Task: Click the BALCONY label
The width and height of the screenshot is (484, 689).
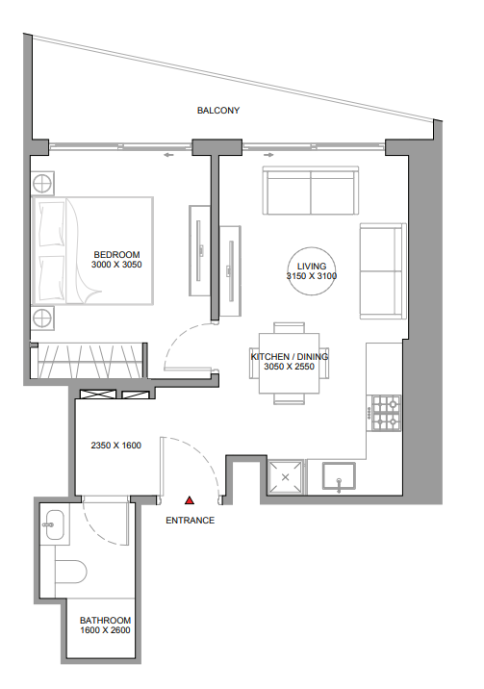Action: (x=218, y=111)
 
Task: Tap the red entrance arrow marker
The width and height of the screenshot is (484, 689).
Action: (x=191, y=501)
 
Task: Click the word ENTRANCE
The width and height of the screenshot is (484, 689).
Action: (x=191, y=521)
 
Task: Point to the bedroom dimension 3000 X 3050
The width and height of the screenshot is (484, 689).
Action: (x=116, y=265)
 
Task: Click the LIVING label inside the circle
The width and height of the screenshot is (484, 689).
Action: (x=312, y=266)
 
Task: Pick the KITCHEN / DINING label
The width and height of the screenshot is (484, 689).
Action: (x=290, y=356)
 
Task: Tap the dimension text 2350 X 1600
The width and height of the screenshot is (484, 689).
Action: (x=116, y=446)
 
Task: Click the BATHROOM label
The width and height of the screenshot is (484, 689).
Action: (x=105, y=621)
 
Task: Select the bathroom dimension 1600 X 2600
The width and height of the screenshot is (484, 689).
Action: (x=105, y=631)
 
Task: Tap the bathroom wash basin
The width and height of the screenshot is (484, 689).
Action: (x=55, y=523)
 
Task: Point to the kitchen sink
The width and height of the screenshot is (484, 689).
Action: (x=340, y=475)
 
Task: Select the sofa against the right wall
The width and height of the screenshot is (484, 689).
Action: (x=381, y=270)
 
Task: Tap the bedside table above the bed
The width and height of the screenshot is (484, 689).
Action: (x=43, y=182)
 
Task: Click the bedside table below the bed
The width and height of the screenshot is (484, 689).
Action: (x=43, y=319)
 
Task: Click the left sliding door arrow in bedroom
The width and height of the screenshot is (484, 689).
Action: (x=168, y=153)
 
